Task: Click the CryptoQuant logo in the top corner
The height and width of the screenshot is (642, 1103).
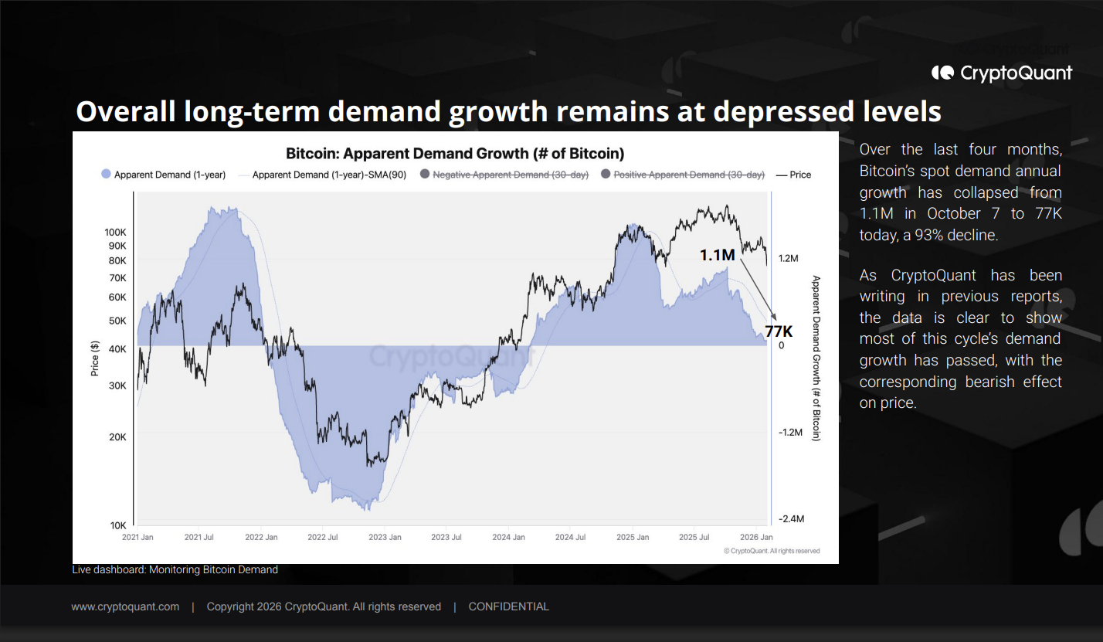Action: pos(1001,73)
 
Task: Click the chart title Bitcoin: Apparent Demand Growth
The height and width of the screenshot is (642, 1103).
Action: pos(455,153)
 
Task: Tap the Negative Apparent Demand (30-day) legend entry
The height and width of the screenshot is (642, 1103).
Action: pos(511,175)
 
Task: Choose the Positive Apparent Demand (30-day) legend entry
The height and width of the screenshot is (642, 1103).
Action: pos(689,175)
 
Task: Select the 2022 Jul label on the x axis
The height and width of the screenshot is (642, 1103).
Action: pos(344,537)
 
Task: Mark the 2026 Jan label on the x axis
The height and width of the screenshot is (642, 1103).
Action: pos(756,537)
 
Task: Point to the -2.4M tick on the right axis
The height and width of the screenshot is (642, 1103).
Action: pos(793,520)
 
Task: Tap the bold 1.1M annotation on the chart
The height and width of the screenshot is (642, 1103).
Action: pos(717,254)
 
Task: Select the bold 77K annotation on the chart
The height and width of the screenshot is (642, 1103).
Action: pos(779,332)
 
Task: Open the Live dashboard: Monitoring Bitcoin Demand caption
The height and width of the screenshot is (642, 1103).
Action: pos(175,570)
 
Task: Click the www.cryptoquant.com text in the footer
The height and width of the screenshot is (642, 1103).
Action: pos(125,606)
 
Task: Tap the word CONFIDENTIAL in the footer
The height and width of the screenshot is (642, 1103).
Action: pos(508,606)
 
